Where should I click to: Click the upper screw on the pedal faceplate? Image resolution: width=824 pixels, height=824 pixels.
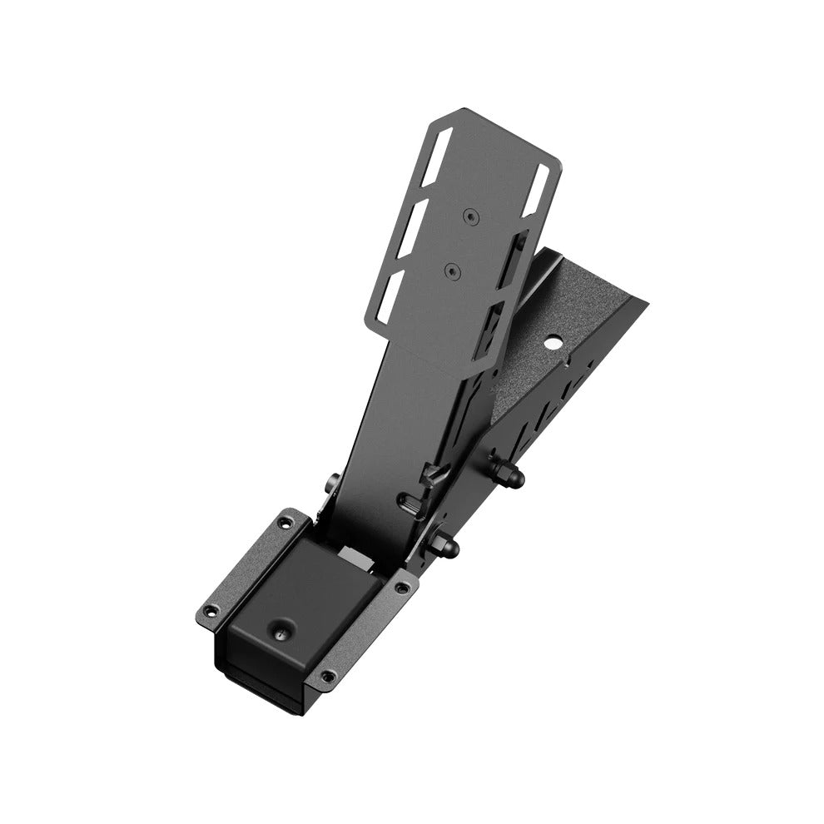pyautogui.click(x=471, y=216)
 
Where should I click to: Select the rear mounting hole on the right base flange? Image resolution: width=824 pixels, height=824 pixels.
pyautogui.click(x=403, y=588)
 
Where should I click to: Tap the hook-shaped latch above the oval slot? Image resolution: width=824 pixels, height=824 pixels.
pyautogui.click(x=431, y=477)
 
